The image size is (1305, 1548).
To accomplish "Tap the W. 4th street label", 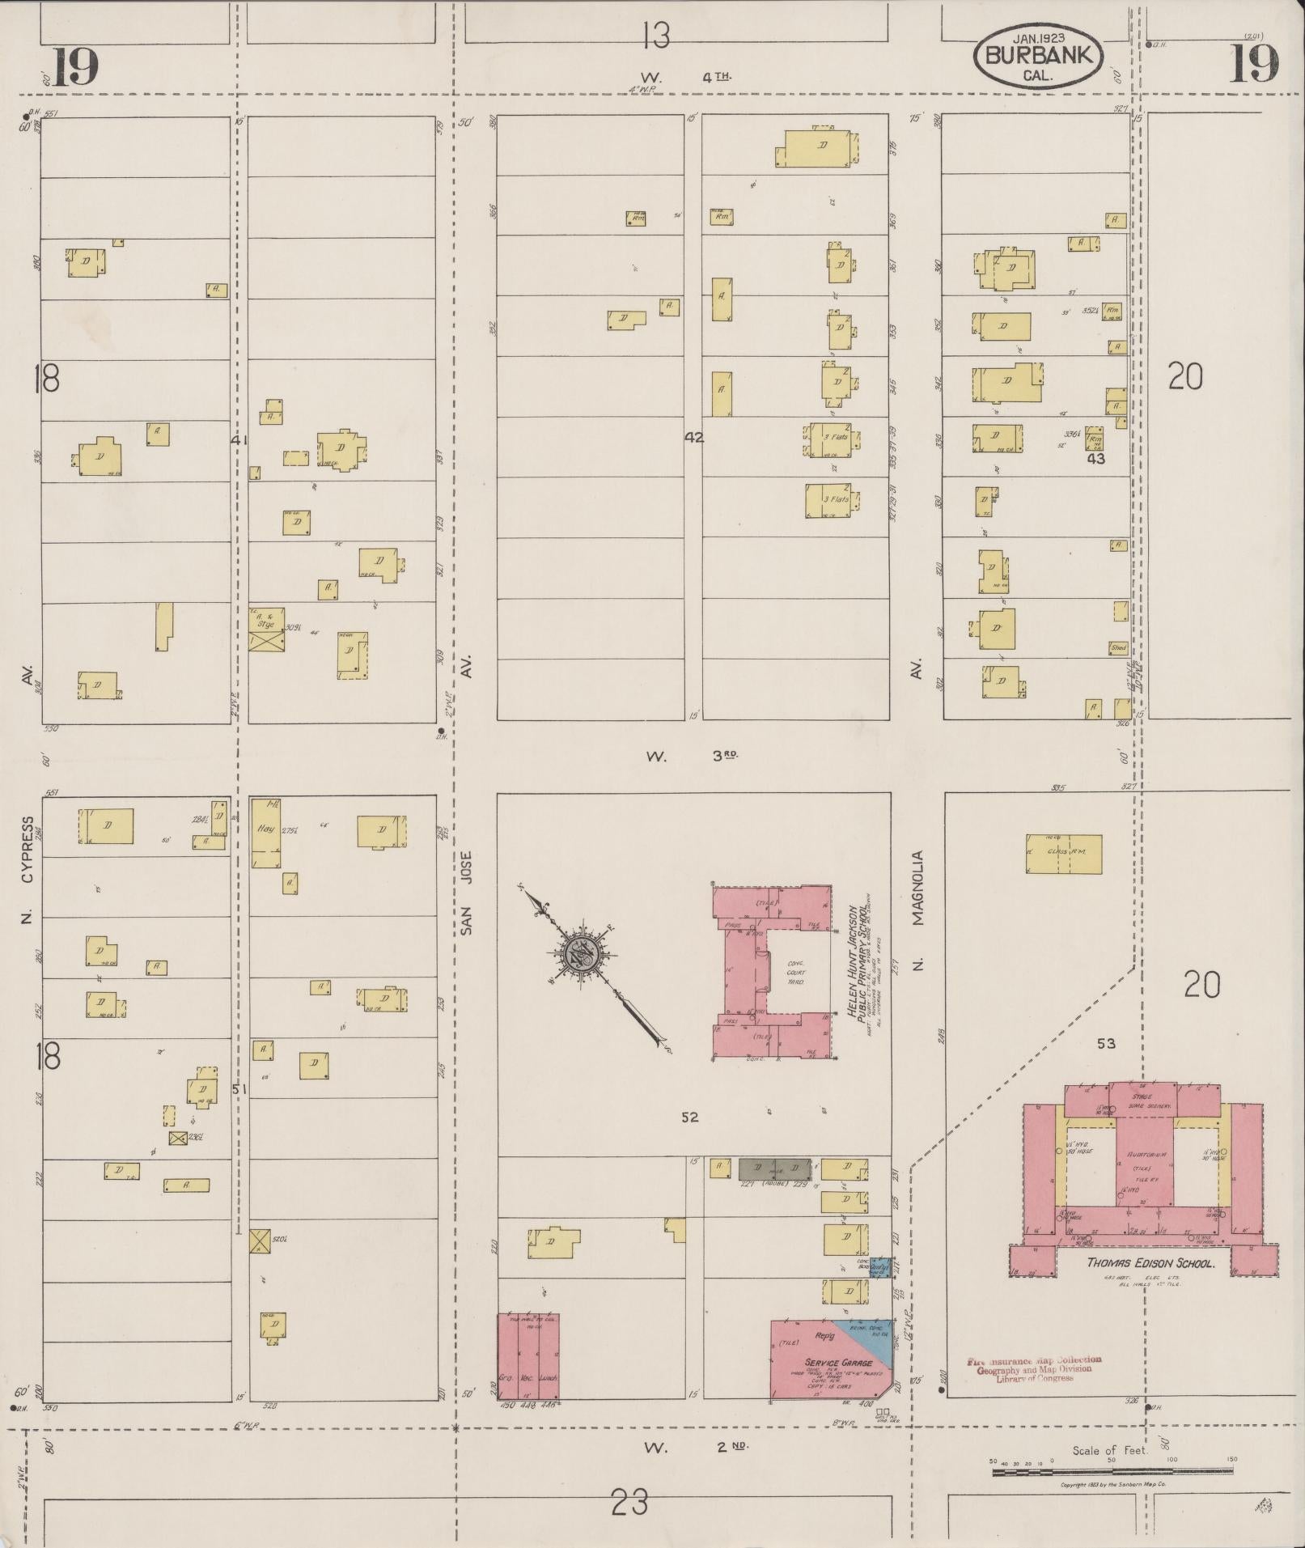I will pyautogui.click(x=688, y=77).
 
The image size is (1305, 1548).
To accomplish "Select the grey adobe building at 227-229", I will pyautogui.click(x=774, y=1168).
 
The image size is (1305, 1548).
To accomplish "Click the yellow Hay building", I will pyautogui.click(x=265, y=833).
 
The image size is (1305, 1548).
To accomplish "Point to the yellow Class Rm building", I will pyautogui.click(x=1063, y=855).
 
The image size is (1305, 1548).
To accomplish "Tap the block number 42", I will pyautogui.click(x=693, y=438).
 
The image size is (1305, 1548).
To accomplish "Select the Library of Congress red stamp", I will pyautogui.click(x=1034, y=1369).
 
